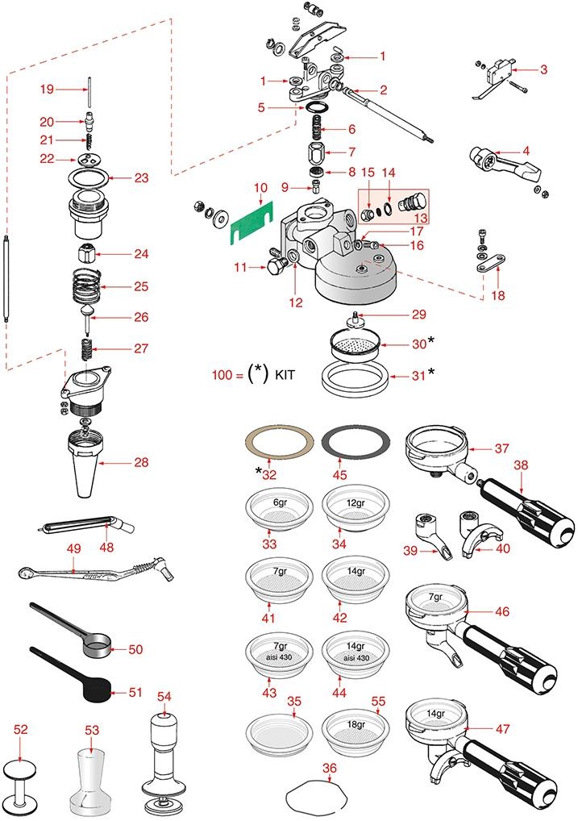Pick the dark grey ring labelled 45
[356, 443]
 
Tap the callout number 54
[164, 695]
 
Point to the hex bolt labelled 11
[276, 265]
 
